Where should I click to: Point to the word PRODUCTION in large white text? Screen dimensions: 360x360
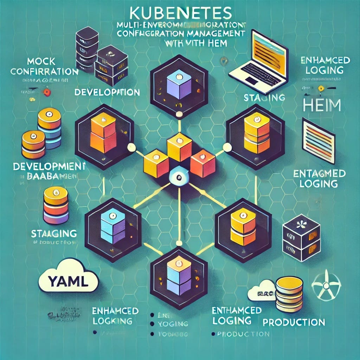pos(294,322)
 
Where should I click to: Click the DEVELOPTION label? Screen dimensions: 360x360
pos(107,92)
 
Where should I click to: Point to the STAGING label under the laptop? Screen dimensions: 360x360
pos(264,97)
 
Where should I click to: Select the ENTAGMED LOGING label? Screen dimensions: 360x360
pos(319,178)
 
